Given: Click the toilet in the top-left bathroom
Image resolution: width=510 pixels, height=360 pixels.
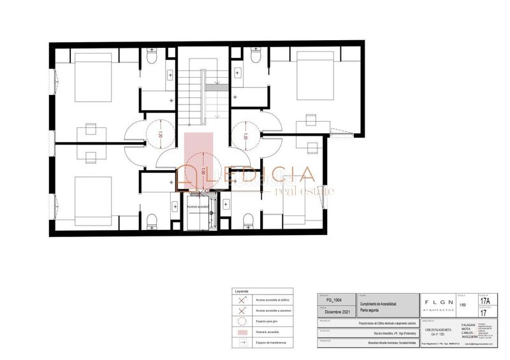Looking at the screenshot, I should (x=152, y=58).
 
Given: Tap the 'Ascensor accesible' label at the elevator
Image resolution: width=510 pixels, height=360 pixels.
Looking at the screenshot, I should (x=198, y=207).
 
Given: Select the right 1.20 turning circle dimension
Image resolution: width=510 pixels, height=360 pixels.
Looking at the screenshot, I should (x=245, y=134).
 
